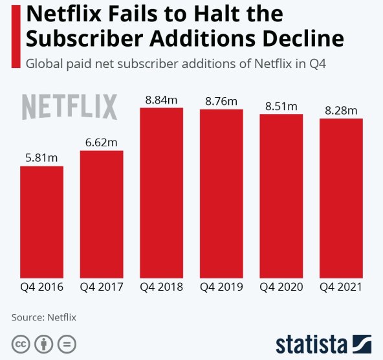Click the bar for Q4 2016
click(x=41, y=221)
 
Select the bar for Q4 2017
click(x=102, y=214)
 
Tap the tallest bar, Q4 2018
click(x=161, y=192)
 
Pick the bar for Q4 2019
click(x=221, y=193)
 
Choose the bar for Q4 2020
click(x=281, y=196)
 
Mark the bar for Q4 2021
click(x=341, y=197)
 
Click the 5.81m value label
click(x=41, y=157)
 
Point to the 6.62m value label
click(x=102, y=142)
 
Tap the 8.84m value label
click(x=161, y=100)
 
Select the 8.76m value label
click(x=221, y=101)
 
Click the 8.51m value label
click(x=281, y=106)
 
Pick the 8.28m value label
click(x=341, y=111)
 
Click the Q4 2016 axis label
click(x=41, y=287)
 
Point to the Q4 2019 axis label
click(x=221, y=287)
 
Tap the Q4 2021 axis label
click(x=341, y=287)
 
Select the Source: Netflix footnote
click(x=43, y=317)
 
